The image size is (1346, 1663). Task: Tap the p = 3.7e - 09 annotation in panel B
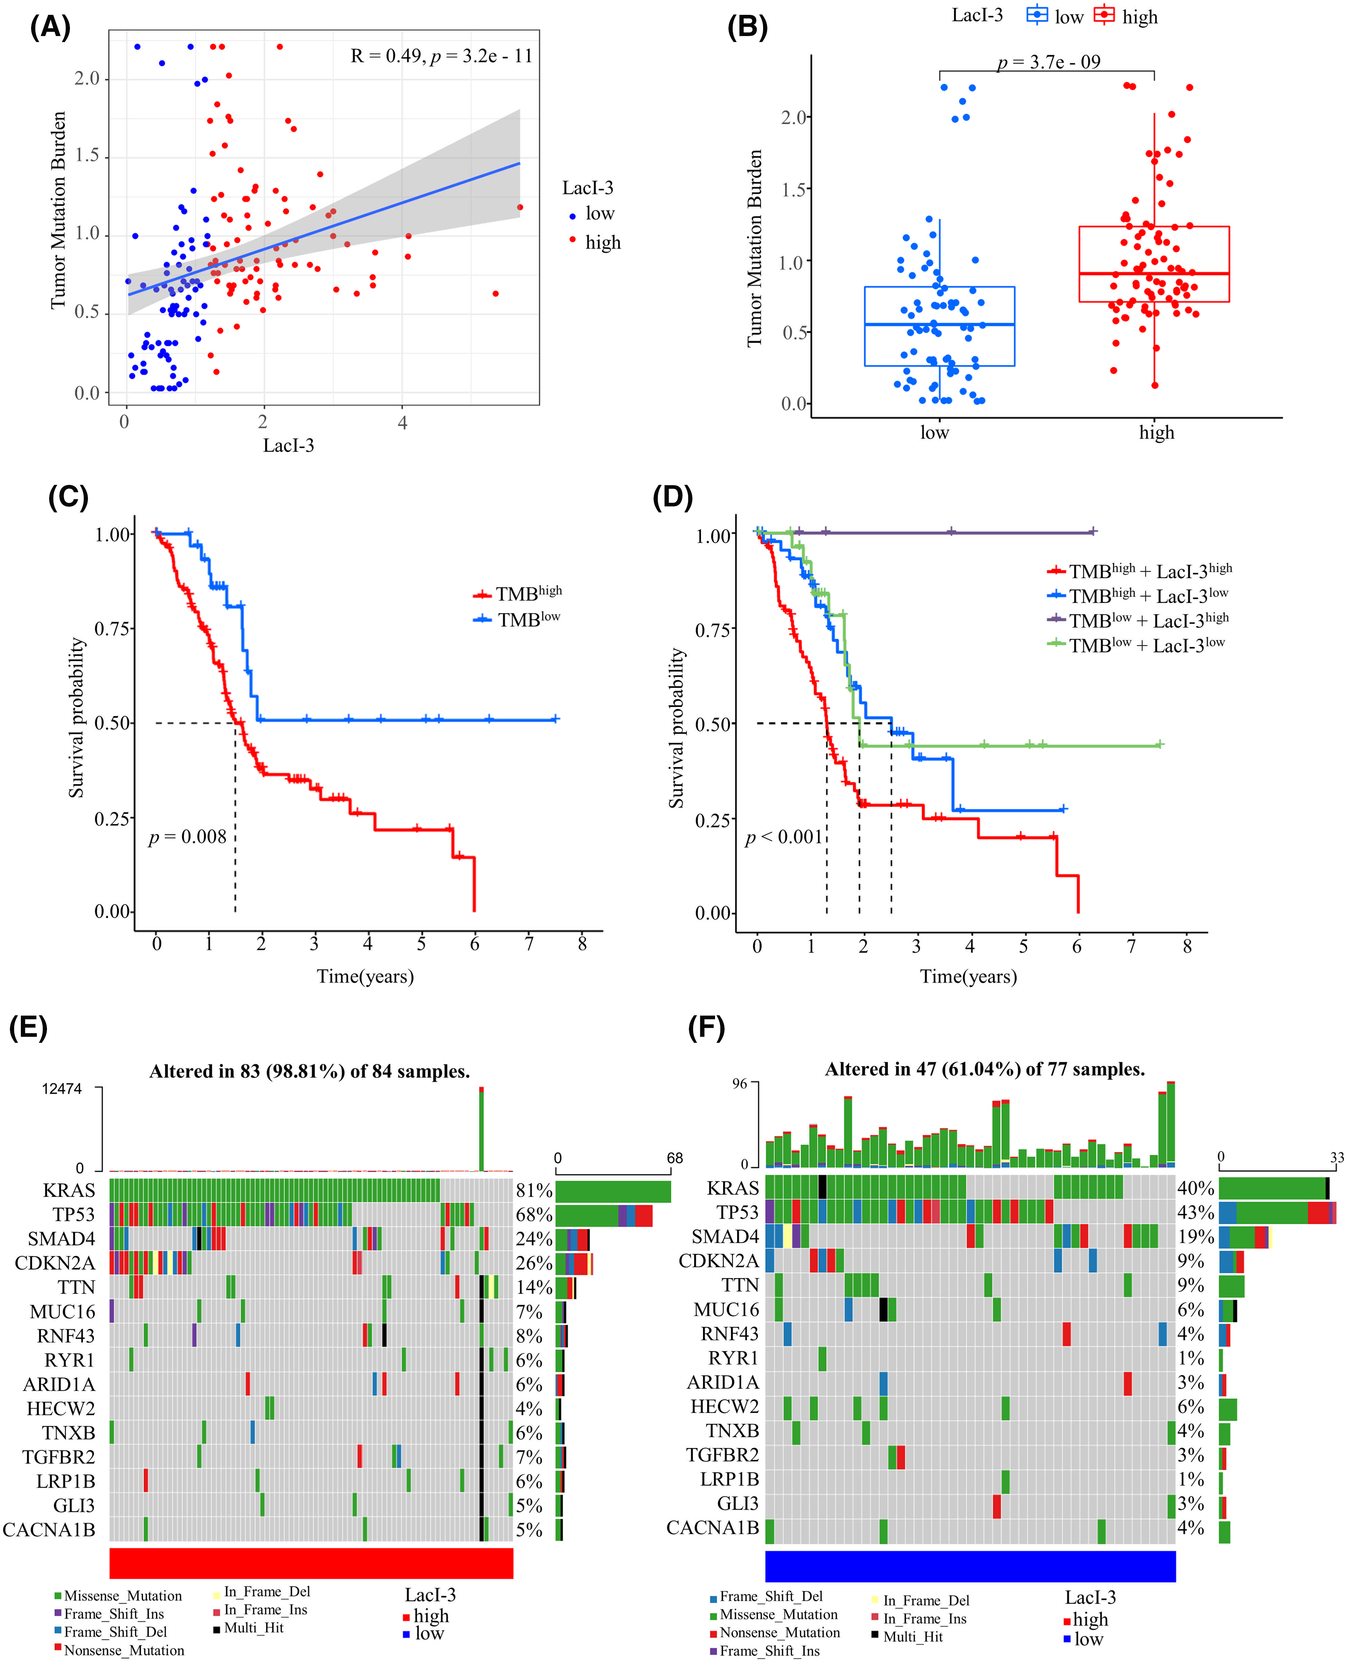click(x=1048, y=62)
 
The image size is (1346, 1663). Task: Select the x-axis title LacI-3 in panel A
click(x=288, y=445)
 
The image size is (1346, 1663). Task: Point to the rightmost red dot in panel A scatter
click(x=519, y=207)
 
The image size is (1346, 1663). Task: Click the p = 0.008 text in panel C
click(x=188, y=837)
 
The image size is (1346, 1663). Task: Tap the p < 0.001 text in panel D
click(x=783, y=837)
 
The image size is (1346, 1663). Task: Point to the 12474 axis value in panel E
click(x=62, y=1089)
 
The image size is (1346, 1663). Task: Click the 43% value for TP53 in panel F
click(x=1195, y=1212)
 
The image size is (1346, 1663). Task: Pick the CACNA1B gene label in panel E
click(x=49, y=1529)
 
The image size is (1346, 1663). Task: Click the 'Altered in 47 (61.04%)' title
click(x=985, y=1070)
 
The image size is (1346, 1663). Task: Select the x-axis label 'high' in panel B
click(x=1156, y=433)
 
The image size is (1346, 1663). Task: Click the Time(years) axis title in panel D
click(x=968, y=976)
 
